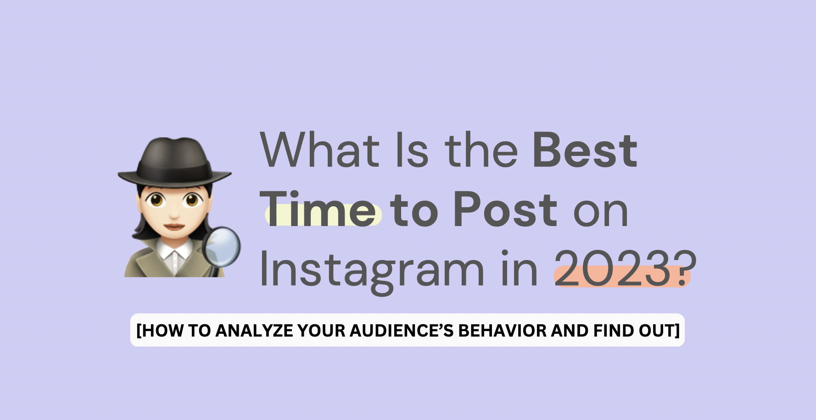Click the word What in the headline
319,149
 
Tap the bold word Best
585,149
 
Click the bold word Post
505,209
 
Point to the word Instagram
372,271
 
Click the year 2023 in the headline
614,269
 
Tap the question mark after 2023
685,269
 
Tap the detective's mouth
174,226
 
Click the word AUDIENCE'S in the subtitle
402,331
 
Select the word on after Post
601,212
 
